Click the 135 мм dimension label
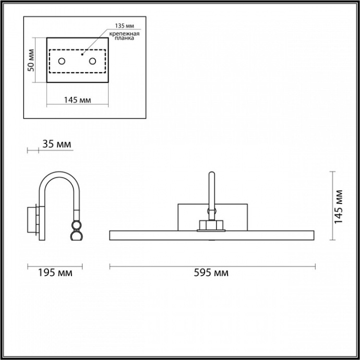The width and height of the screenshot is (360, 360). [125, 26]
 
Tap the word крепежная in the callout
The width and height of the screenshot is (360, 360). [124, 34]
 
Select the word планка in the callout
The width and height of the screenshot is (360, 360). [124, 38]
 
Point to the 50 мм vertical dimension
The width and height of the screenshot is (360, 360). [31, 60]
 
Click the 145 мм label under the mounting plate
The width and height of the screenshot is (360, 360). [77, 100]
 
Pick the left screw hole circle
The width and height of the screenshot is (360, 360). [62, 61]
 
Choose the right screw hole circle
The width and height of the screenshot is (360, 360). [92, 61]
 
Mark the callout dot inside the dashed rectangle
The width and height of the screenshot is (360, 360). [82, 54]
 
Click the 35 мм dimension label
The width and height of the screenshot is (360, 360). [57, 144]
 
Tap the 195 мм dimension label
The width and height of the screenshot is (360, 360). [55, 273]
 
